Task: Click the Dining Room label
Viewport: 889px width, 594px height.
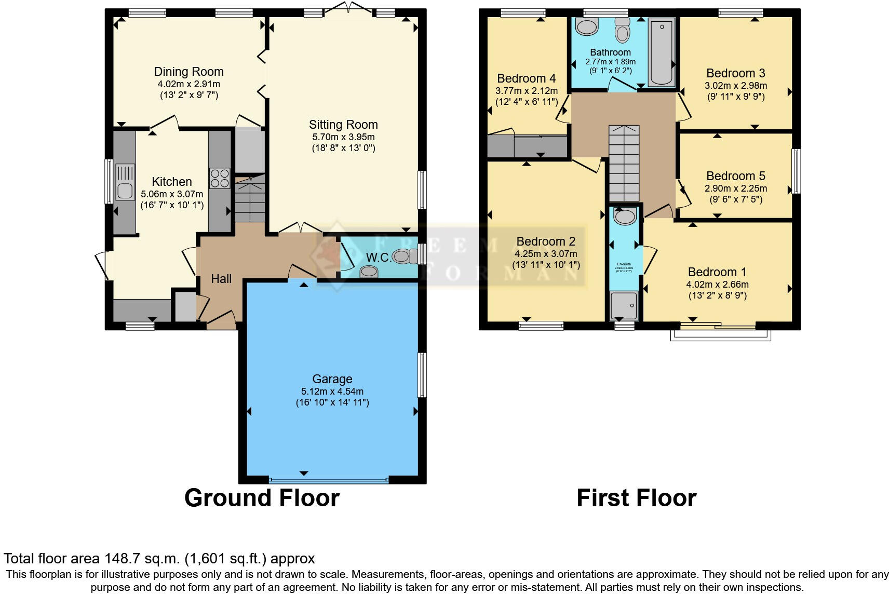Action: click(x=188, y=72)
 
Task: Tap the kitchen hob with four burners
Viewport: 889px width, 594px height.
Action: click(x=220, y=178)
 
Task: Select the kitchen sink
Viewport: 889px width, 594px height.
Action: click(x=125, y=181)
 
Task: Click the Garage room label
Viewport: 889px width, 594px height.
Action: click(x=332, y=379)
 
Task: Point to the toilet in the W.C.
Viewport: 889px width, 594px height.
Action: click(x=405, y=256)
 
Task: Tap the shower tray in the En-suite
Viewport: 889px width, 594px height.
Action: click(x=624, y=306)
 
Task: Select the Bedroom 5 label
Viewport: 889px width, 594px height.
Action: click(x=735, y=176)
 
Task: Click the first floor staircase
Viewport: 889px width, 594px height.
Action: click(x=624, y=164)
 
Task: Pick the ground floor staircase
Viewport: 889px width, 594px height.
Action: click(x=250, y=199)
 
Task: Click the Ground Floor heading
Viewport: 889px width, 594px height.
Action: click(x=262, y=498)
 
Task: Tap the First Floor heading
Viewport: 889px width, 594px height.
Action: click(x=636, y=498)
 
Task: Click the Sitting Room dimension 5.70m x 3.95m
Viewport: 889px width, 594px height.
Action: click(x=343, y=137)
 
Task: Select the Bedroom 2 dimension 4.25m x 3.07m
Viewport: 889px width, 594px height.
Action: click(x=546, y=254)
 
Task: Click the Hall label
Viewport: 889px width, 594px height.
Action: click(x=221, y=279)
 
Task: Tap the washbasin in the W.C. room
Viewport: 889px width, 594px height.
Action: click(x=369, y=271)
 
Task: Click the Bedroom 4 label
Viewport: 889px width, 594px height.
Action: click(x=526, y=78)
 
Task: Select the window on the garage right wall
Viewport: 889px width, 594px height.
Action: click(x=422, y=375)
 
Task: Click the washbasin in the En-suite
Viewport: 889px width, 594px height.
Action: click(x=625, y=215)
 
